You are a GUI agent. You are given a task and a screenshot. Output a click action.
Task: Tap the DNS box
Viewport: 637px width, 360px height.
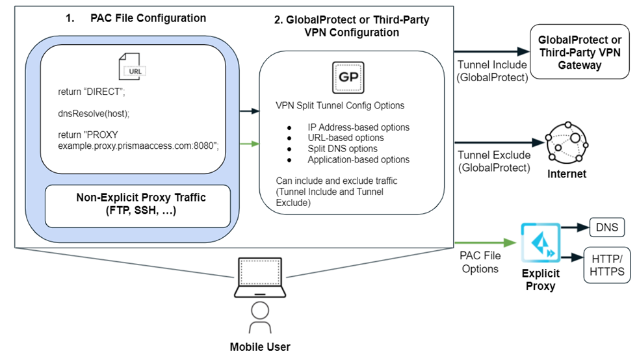pos(606,228)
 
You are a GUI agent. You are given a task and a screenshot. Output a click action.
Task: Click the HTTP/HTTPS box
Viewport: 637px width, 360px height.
pos(607,264)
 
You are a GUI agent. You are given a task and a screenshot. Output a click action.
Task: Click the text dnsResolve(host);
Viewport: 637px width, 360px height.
pos(94,114)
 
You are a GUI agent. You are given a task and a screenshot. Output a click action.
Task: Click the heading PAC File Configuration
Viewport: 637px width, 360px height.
pos(148,18)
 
